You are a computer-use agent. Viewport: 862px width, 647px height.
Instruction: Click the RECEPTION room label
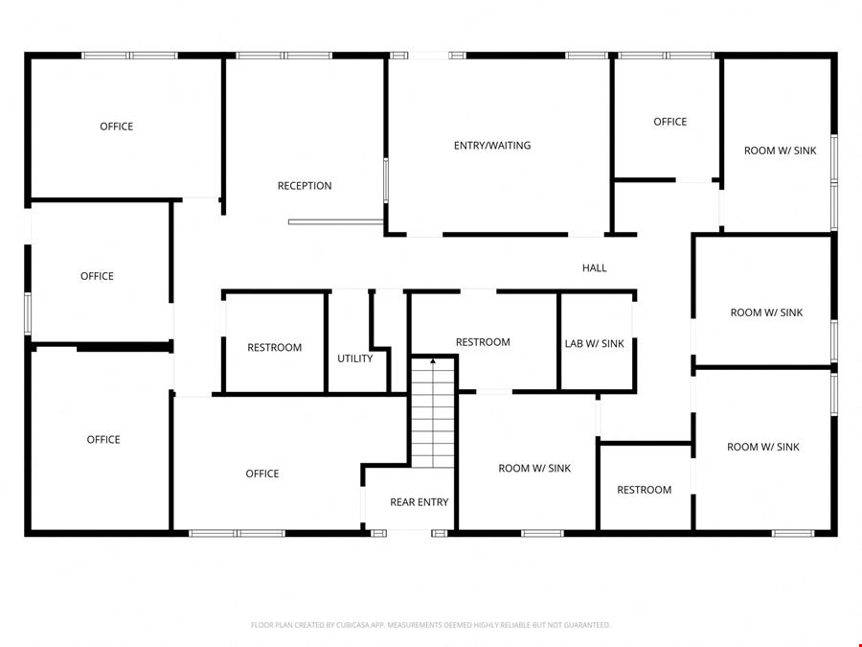(305, 186)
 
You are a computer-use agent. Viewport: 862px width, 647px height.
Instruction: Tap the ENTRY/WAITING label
(492, 146)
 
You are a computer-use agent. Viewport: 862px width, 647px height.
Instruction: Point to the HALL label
(594, 268)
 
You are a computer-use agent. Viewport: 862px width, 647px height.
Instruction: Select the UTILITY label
(354, 358)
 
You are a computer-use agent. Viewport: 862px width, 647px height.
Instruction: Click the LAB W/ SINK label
(594, 344)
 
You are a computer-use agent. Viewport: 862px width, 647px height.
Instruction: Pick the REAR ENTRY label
(419, 502)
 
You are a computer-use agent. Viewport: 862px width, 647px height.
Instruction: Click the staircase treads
(433, 414)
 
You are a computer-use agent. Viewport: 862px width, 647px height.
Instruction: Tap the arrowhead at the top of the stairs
(433, 361)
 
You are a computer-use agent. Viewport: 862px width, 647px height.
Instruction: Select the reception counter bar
(336, 222)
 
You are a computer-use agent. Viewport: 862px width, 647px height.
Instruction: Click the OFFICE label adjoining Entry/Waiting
(669, 122)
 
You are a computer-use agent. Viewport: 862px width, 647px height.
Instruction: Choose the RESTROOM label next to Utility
(274, 348)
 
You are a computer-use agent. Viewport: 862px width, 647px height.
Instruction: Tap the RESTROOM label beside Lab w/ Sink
(483, 342)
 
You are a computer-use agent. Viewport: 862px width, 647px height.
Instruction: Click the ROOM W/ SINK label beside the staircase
(534, 468)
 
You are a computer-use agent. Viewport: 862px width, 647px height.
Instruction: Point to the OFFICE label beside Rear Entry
(262, 474)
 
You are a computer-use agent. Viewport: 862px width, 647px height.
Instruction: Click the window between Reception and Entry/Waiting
(386, 180)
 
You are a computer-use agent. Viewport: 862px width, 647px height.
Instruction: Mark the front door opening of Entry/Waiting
(428, 56)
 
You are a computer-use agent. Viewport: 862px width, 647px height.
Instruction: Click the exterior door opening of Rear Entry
(409, 533)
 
